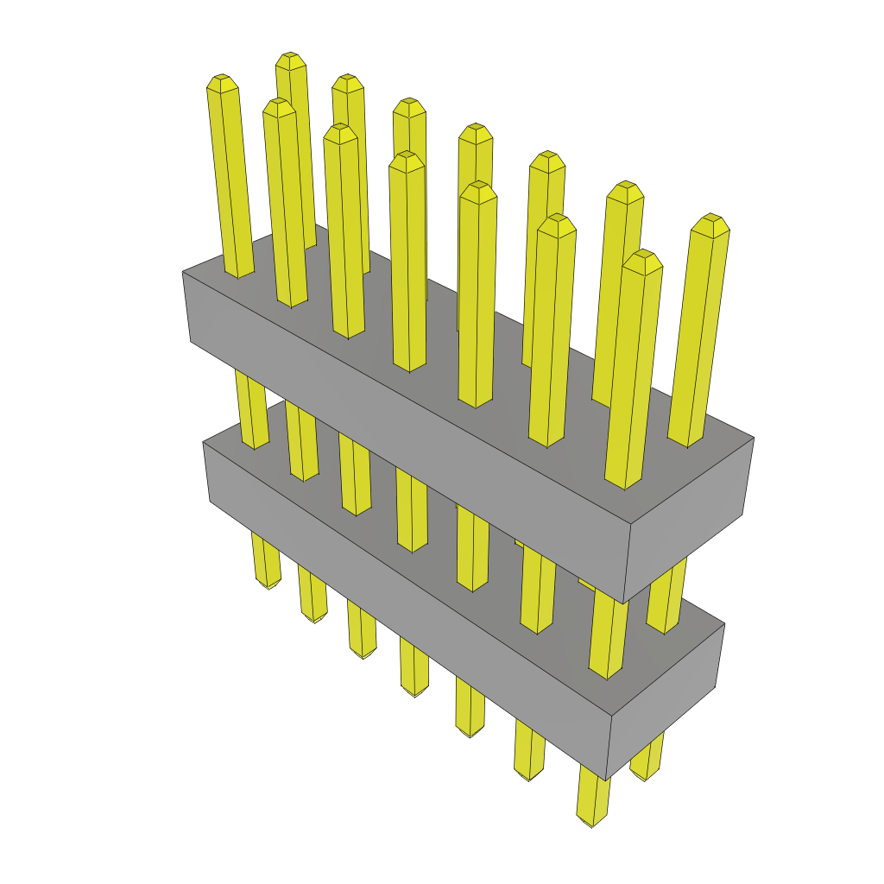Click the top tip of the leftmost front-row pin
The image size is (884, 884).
tap(222, 83)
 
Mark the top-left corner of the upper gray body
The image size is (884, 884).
tap(183, 272)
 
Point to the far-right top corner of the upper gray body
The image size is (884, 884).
tap(754, 438)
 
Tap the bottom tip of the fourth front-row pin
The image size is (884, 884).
tap(415, 692)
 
